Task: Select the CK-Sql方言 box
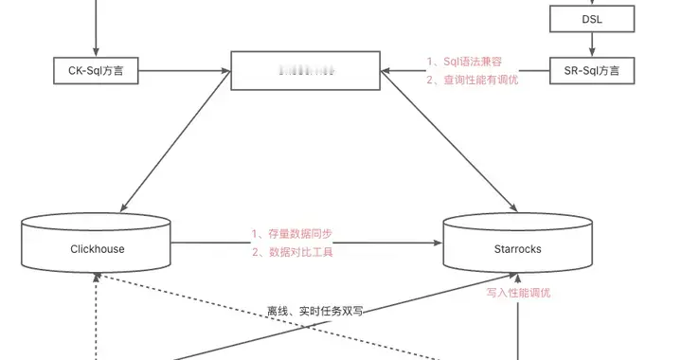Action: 97,70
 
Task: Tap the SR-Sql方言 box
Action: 592,70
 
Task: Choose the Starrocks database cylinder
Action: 518,245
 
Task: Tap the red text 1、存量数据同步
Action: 292,233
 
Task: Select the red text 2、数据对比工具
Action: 292,252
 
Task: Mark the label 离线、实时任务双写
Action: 314,311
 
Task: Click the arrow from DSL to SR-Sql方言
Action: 592,43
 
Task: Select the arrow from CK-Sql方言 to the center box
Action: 185,70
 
